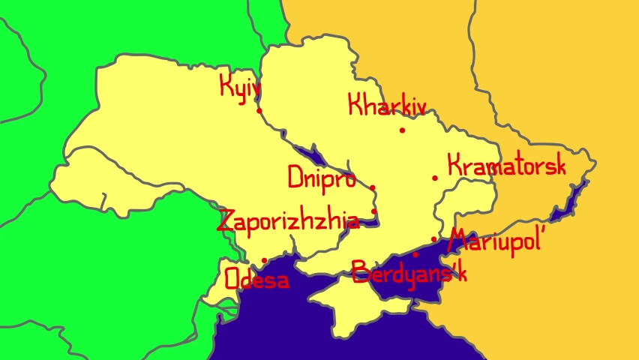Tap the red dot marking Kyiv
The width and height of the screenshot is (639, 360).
[259, 111]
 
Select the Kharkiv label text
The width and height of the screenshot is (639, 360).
[386, 105]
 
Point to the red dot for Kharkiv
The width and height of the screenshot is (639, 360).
[402, 130]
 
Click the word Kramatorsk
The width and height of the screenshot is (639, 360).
[505, 166]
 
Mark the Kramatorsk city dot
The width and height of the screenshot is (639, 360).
[435, 178]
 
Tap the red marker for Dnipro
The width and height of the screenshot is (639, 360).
[373, 188]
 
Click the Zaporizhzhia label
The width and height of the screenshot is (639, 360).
[288, 221]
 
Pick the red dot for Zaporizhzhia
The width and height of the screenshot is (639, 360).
[374, 211]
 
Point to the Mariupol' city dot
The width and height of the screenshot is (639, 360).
[434, 239]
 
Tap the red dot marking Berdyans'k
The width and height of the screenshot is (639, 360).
[415, 254]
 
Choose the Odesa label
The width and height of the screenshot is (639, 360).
[256, 280]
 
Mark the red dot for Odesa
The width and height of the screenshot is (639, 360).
[264, 261]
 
